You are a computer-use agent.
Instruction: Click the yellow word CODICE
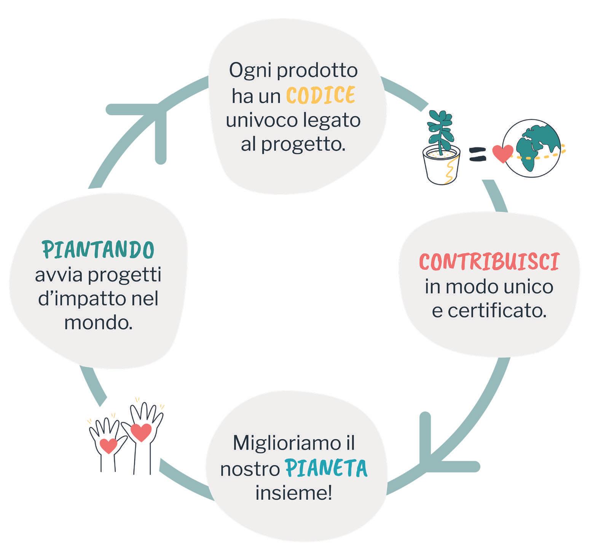click(x=321, y=95)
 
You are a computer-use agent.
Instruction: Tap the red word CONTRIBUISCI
click(x=489, y=262)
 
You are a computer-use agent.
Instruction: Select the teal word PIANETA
click(x=326, y=469)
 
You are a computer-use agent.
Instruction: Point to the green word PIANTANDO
click(x=98, y=250)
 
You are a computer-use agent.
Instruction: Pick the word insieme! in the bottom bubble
click(x=293, y=493)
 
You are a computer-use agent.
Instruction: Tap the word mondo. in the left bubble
click(x=98, y=323)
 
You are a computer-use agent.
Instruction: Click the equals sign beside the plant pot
click(x=478, y=154)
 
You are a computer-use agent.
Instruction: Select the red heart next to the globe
click(x=502, y=154)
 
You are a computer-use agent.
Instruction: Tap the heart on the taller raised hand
click(x=141, y=432)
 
